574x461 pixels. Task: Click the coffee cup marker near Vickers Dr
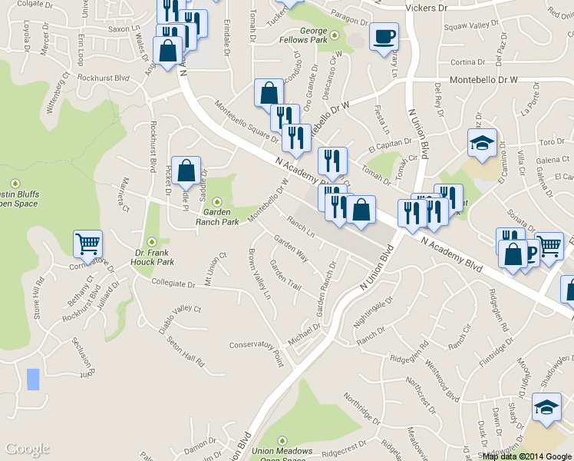pyautogui.click(x=384, y=36)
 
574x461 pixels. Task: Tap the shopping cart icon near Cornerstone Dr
pyautogui.click(x=88, y=244)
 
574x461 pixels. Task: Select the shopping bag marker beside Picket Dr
pyautogui.click(x=186, y=171)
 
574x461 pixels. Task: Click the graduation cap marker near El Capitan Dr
pyautogui.click(x=483, y=143)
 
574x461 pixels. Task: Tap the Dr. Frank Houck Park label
pyautogui.click(x=155, y=257)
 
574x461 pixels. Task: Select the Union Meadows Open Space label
pyautogui.click(x=283, y=454)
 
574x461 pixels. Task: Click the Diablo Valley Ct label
pyautogui.click(x=180, y=319)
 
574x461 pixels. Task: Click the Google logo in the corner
pyautogui.click(x=28, y=449)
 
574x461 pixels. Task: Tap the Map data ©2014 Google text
pyautogui.click(x=527, y=456)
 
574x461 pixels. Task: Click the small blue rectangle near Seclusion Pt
pyautogui.click(x=32, y=380)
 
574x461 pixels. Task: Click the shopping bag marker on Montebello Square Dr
pyautogui.click(x=268, y=93)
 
